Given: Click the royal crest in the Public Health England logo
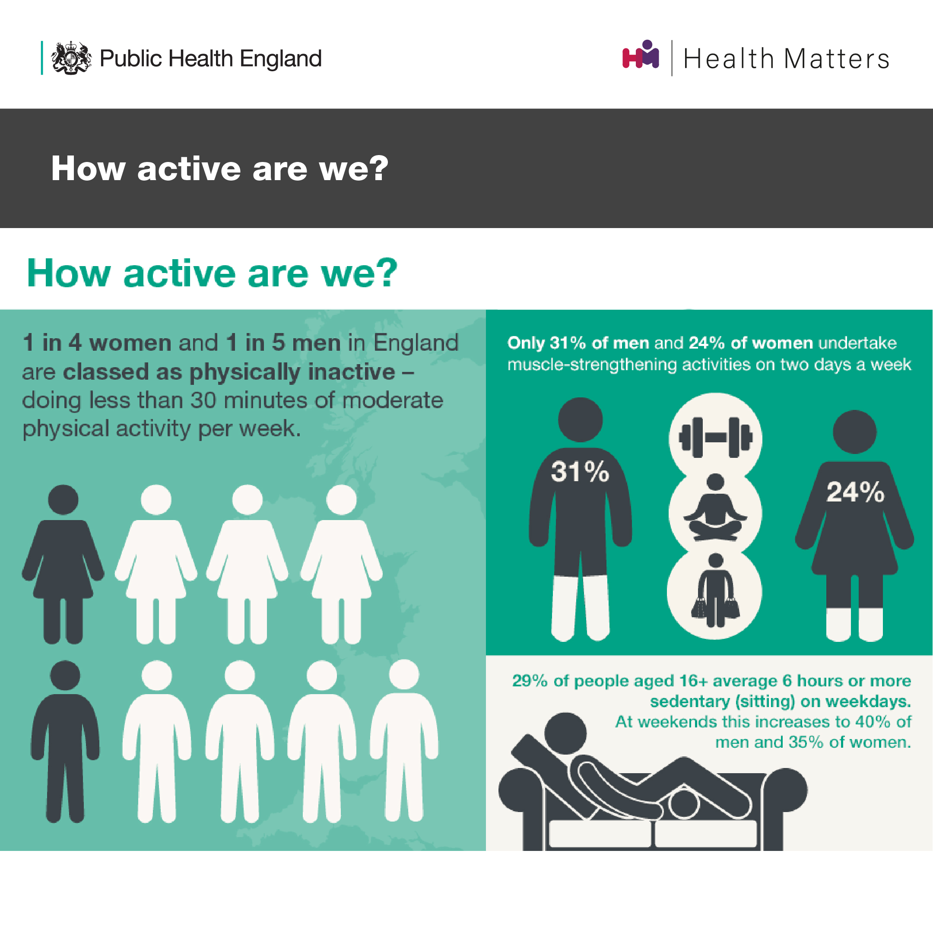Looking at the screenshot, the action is click(71, 58).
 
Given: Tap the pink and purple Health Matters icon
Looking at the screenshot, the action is click(641, 54).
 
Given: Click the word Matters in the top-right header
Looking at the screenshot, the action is click(836, 59).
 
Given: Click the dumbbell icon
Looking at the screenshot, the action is click(715, 438).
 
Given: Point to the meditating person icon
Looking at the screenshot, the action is click(715, 507).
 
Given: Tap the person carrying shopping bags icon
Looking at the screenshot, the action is click(715, 590).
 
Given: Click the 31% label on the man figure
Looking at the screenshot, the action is click(580, 471).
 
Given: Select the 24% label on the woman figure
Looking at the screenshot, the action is click(855, 492).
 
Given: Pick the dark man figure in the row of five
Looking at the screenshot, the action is click(65, 742).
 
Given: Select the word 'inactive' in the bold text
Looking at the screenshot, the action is click(352, 372).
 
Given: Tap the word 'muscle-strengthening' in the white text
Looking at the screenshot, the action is click(593, 365).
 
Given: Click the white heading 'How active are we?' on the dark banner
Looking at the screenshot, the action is click(220, 168).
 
